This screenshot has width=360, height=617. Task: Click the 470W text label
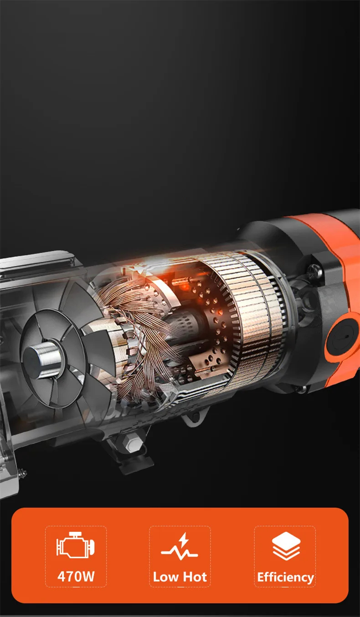(76, 576)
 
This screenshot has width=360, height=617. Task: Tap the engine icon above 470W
(76, 545)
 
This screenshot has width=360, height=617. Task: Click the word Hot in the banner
(195, 577)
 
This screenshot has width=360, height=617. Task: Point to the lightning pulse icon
(180, 546)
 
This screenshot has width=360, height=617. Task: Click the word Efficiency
(285, 577)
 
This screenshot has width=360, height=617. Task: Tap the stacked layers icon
(286, 546)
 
